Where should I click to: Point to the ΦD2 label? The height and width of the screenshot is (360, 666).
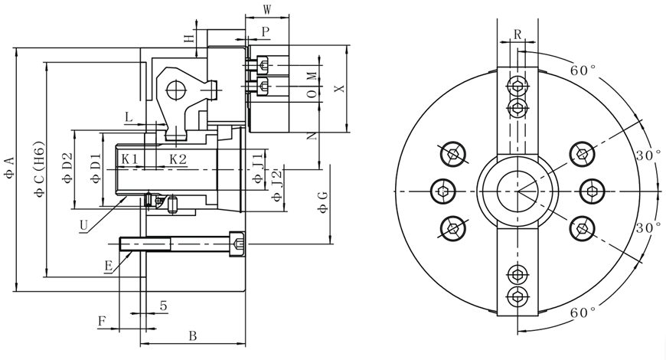point(67,168)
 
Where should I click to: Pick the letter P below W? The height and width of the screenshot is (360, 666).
point(265,31)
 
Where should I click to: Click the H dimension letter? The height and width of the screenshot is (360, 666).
point(188,38)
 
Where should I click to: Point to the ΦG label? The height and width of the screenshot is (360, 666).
point(323,202)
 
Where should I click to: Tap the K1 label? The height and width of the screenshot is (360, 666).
point(129,159)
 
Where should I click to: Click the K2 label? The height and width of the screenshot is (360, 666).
point(178,159)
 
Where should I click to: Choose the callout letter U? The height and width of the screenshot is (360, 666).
point(83,224)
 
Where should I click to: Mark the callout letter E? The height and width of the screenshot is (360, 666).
point(109,265)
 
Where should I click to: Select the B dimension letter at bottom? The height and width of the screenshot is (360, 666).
point(193,336)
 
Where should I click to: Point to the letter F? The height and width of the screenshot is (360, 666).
point(101,320)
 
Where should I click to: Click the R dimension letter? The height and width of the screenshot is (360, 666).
point(517,34)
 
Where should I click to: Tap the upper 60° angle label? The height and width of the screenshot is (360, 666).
point(583,70)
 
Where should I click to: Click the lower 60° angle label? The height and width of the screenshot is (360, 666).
point(583,313)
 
